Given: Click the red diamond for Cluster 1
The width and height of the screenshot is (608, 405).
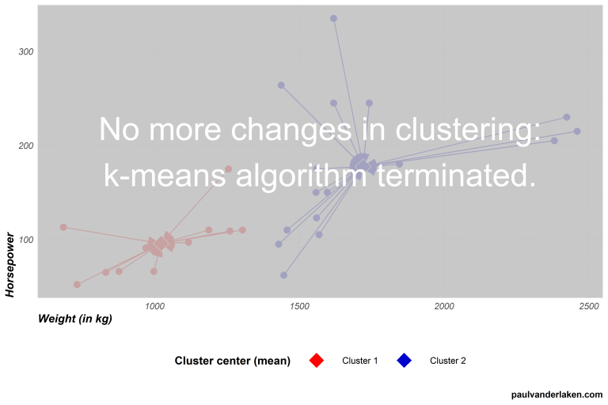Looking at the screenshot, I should (x=316, y=361).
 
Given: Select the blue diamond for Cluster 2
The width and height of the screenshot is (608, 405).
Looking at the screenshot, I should (x=404, y=361).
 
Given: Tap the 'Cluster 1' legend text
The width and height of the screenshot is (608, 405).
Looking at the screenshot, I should (x=360, y=361).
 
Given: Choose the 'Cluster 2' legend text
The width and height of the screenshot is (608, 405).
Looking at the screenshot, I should (x=448, y=361).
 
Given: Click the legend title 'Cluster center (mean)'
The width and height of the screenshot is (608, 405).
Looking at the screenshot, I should (x=233, y=361).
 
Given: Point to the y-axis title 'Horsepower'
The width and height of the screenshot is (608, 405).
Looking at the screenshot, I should (x=10, y=264).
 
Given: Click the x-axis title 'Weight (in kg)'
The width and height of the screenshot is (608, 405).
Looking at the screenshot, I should (x=74, y=319).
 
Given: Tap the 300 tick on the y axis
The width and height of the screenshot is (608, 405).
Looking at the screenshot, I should (x=26, y=51).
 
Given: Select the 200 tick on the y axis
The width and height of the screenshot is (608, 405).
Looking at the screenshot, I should (x=26, y=146).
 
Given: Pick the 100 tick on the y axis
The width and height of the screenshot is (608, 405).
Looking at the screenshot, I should (x=26, y=240).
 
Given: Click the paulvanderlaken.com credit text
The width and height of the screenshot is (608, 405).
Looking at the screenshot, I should (x=557, y=394).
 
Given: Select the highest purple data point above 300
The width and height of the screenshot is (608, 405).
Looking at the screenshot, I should (x=333, y=18).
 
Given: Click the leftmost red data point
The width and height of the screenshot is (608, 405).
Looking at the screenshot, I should (x=63, y=227).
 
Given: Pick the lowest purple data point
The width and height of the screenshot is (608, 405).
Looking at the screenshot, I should (x=283, y=275).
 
